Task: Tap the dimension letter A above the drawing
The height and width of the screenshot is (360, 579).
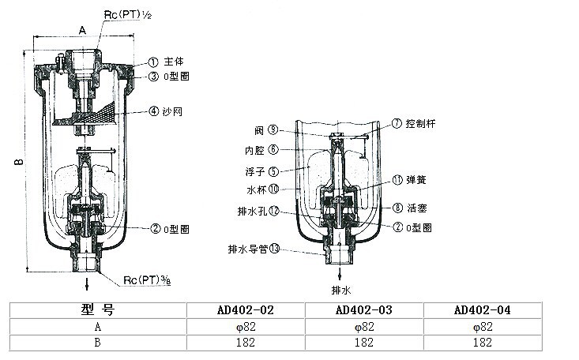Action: click(82, 29)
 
